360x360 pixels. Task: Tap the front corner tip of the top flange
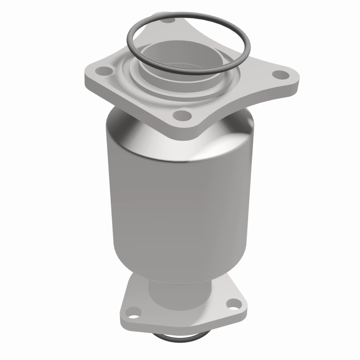(182, 130)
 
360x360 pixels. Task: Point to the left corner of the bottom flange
(122, 315)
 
